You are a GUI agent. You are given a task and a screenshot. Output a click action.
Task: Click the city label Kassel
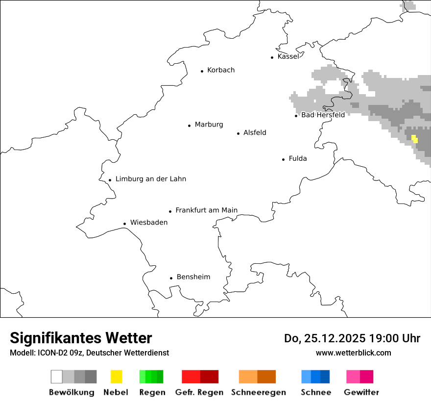[x=288, y=56]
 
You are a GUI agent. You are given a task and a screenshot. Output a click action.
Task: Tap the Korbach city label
[x=221, y=70]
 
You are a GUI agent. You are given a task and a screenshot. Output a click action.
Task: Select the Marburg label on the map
[x=209, y=125]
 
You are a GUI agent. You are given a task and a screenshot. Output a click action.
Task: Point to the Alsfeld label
[x=255, y=132]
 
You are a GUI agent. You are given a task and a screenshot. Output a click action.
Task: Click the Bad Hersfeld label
[x=323, y=115]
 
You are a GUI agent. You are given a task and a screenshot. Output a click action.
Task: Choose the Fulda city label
[x=298, y=158]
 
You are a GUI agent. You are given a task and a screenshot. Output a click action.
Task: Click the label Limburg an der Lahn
[x=151, y=179]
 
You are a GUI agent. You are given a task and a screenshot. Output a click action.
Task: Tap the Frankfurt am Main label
[x=206, y=210]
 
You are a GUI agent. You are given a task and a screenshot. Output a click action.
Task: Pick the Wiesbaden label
[x=149, y=223]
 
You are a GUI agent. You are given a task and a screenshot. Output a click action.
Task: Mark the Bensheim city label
[x=193, y=277]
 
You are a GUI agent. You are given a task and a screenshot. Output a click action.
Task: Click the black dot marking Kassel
[x=272, y=57]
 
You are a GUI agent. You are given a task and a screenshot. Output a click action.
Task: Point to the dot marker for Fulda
[x=284, y=159]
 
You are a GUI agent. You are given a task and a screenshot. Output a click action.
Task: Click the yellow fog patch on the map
[x=415, y=139]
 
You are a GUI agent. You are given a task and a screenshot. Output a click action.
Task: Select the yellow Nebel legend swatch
[x=117, y=377]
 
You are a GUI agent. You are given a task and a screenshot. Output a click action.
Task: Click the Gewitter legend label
[x=361, y=392]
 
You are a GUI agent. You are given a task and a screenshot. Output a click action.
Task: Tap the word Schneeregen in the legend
[x=259, y=392]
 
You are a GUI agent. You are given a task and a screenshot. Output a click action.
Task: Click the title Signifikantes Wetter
[x=81, y=338]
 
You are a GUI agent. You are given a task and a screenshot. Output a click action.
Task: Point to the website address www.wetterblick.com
[x=354, y=353]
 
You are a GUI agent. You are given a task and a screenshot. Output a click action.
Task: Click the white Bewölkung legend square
[x=57, y=377]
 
